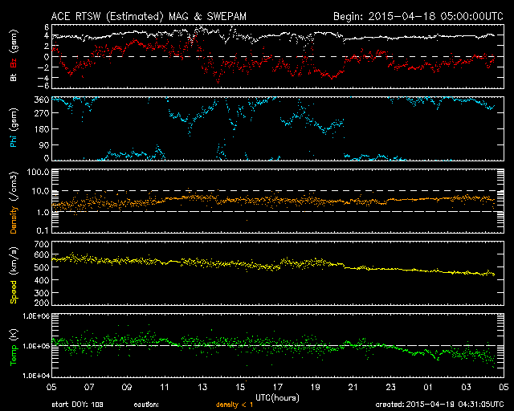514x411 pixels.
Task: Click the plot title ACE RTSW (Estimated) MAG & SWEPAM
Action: click(149, 16)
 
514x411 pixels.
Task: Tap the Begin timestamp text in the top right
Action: click(418, 16)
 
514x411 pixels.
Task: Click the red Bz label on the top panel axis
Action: click(14, 63)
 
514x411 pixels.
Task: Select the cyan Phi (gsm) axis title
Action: click(14, 128)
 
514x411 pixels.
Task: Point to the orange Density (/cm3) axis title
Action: click(14, 202)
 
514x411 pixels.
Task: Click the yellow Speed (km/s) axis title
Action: click(14, 275)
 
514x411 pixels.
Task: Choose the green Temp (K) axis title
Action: click(14, 347)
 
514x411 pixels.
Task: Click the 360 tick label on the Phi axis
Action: click(42, 100)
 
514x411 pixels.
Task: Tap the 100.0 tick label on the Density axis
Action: click(38, 172)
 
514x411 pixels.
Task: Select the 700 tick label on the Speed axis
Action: click(42, 244)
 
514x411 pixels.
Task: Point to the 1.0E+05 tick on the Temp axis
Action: click(36, 346)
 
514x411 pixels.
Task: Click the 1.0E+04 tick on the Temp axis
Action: click(36, 376)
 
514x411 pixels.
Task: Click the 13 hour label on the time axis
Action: click(202, 387)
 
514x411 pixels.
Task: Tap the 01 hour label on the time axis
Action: click(428, 387)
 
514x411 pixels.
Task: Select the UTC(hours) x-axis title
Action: click(277, 398)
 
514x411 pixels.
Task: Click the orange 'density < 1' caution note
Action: click(235, 405)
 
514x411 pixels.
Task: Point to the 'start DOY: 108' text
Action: click(77, 405)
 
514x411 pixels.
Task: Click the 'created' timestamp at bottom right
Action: click(439, 405)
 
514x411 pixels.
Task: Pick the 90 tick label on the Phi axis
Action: click(44, 144)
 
